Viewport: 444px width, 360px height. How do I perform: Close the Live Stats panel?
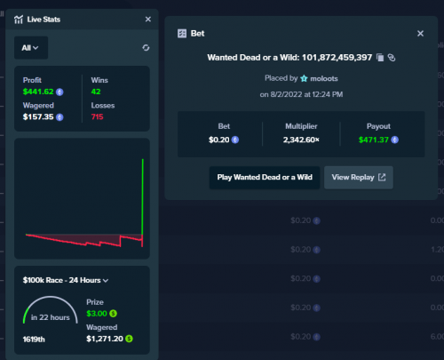click(148, 20)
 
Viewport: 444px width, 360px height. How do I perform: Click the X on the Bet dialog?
click(420, 34)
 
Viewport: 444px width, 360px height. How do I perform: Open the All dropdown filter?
click(31, 48)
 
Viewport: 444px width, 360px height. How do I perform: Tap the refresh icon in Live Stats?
click(146, 48)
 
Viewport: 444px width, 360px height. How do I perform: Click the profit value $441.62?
click(38, 92)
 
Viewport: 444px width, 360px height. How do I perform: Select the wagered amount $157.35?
click(38, 116)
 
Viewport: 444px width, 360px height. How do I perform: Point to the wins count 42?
click(96, 92)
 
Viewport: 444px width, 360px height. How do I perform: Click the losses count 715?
click(97, 116)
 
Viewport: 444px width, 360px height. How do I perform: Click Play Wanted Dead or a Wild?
click(265, 178)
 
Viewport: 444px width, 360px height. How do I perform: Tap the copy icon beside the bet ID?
click(380, 58)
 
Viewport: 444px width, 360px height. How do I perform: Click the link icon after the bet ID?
click(392, 58)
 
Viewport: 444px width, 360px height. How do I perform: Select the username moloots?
click(324, 78)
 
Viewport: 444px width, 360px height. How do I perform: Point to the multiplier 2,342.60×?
click(301, 140)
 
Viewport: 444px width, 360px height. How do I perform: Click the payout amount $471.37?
click(373, 140)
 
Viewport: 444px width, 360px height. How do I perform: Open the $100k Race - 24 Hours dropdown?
click(66, 280)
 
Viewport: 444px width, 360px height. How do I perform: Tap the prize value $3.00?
click(97, 314)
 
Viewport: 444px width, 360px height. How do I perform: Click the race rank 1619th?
click(34, 340)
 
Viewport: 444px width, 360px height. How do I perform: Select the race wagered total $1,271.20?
click(105, 339)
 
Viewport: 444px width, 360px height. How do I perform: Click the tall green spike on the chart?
click(143, 197)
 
